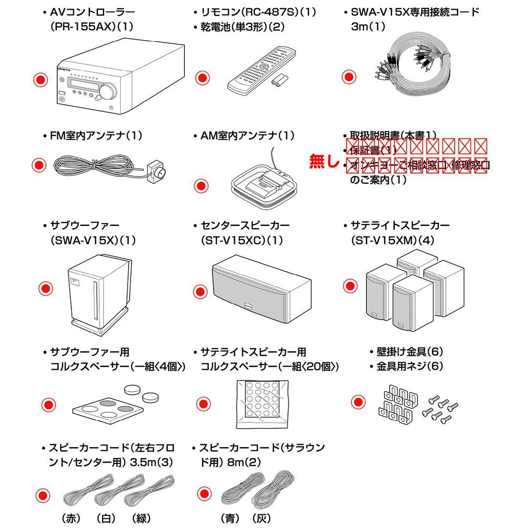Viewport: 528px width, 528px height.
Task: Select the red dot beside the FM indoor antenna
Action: [x=39, y=165]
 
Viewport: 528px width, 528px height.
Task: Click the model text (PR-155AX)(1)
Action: [x=91, y=27]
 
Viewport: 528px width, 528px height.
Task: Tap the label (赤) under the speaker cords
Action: [x=71, y=518]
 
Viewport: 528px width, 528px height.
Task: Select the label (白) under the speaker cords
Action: [x=106, y=518]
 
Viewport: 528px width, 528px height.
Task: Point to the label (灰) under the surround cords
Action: [x=261, y=518]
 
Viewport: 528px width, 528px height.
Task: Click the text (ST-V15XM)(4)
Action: [x=393, y=241]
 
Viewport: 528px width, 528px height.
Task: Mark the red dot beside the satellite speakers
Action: [x=350, y=286]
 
